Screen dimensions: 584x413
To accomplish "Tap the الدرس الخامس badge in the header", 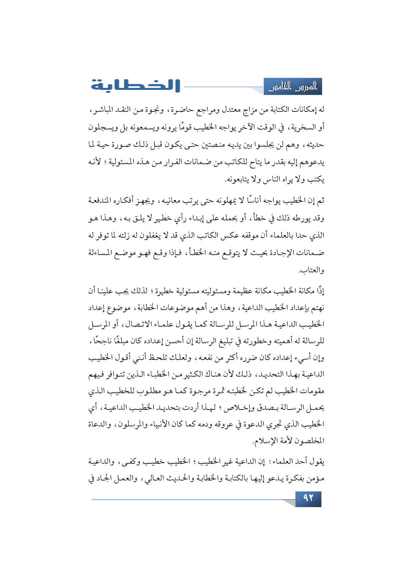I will [293, 87].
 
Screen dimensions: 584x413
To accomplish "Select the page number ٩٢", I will [308, 498].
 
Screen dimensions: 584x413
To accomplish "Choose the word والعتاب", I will [312, 270].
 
